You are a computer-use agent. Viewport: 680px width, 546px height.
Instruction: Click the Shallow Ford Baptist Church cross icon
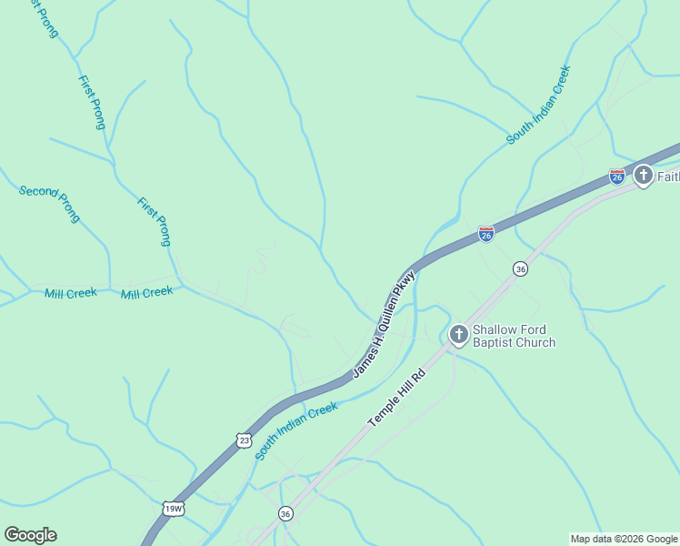458,335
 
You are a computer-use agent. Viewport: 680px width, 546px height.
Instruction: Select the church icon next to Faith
644,175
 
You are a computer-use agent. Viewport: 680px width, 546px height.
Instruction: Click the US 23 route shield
243,440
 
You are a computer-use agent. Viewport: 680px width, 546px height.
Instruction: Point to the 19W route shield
173,509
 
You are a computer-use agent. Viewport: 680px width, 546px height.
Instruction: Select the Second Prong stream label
50,203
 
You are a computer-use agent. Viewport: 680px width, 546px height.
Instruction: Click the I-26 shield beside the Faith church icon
617,176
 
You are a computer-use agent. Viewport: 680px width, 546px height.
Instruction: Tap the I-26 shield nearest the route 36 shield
486,235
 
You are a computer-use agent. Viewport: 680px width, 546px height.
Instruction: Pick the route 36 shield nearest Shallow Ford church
520,268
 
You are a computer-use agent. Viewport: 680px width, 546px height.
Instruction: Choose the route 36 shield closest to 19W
285,513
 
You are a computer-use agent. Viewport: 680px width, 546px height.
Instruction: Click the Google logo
30,535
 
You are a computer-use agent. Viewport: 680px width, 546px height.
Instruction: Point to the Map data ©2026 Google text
624,539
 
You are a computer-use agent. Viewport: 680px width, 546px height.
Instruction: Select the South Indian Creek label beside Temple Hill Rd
296,431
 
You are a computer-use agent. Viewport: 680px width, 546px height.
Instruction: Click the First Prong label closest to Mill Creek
154,221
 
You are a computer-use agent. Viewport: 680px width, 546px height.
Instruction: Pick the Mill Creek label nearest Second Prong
70,293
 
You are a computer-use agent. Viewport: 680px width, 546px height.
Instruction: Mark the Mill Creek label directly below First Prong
146,292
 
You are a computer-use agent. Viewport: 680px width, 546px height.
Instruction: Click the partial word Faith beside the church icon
668,176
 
